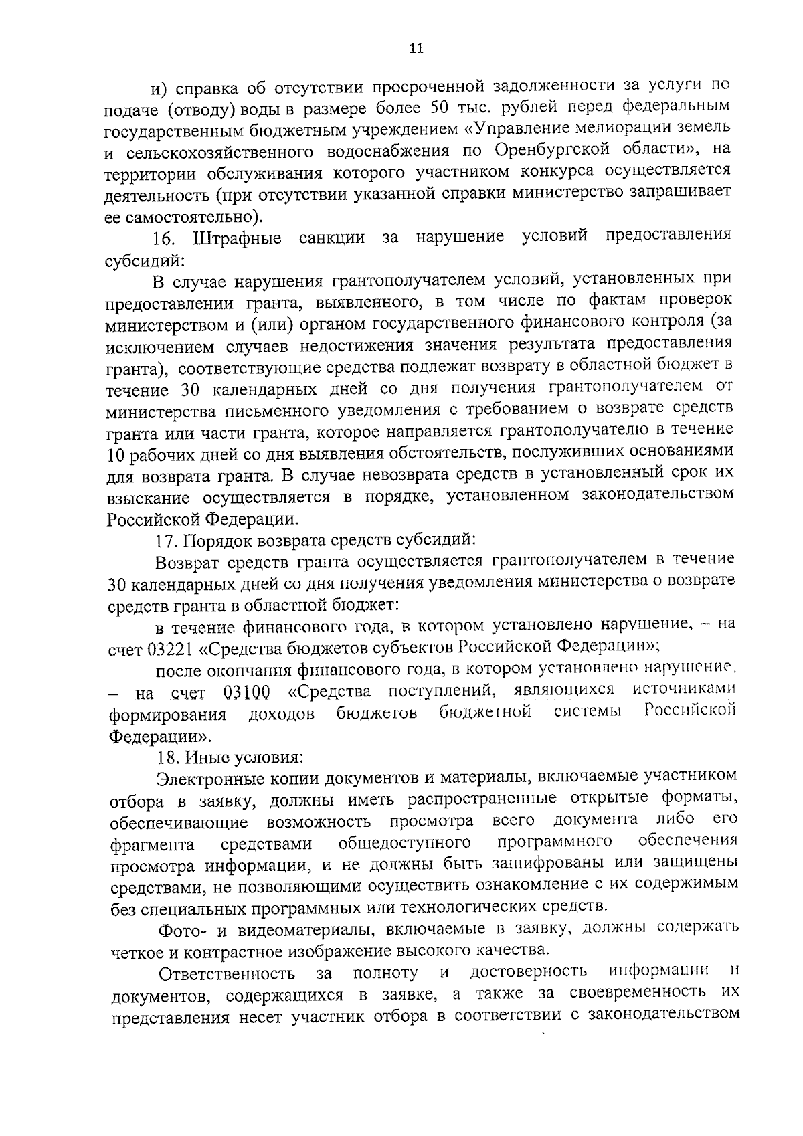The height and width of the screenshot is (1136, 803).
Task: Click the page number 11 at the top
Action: click(416, 49)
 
